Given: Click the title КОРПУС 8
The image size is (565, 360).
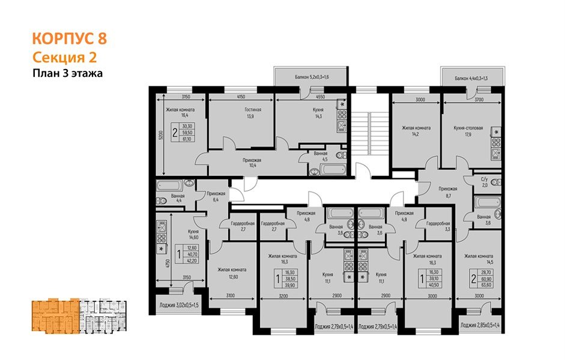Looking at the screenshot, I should pos(69,40).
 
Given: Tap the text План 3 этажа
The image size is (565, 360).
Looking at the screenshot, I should pos(68,74).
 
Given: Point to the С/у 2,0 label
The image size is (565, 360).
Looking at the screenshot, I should pos(484,182).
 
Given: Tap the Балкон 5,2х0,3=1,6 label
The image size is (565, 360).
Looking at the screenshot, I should pos(308,77).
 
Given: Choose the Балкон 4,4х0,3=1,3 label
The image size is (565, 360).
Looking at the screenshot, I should pos(471,78).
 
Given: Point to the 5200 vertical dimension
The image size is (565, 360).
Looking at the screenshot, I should pos(161,136).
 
